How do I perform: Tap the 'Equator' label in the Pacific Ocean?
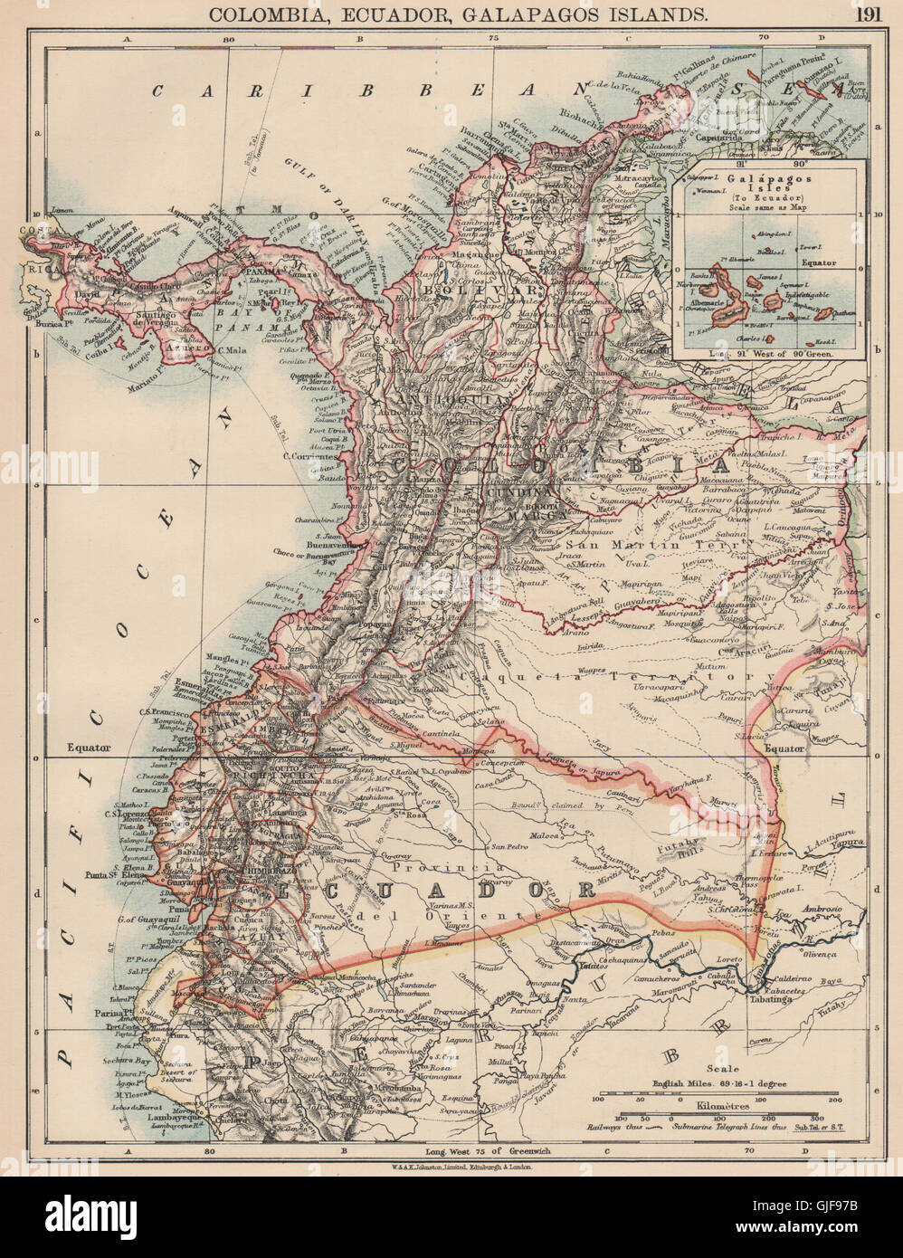click(87, 748)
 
